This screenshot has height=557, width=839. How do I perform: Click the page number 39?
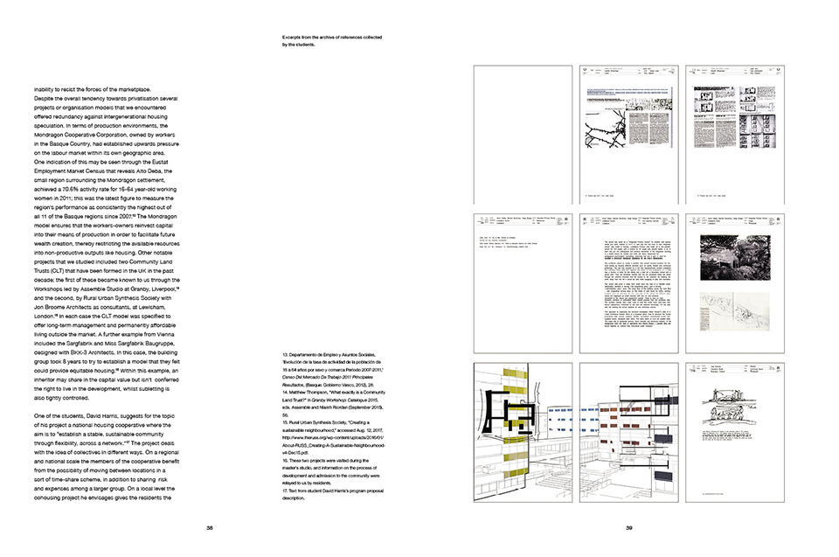[x=628, y=527]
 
